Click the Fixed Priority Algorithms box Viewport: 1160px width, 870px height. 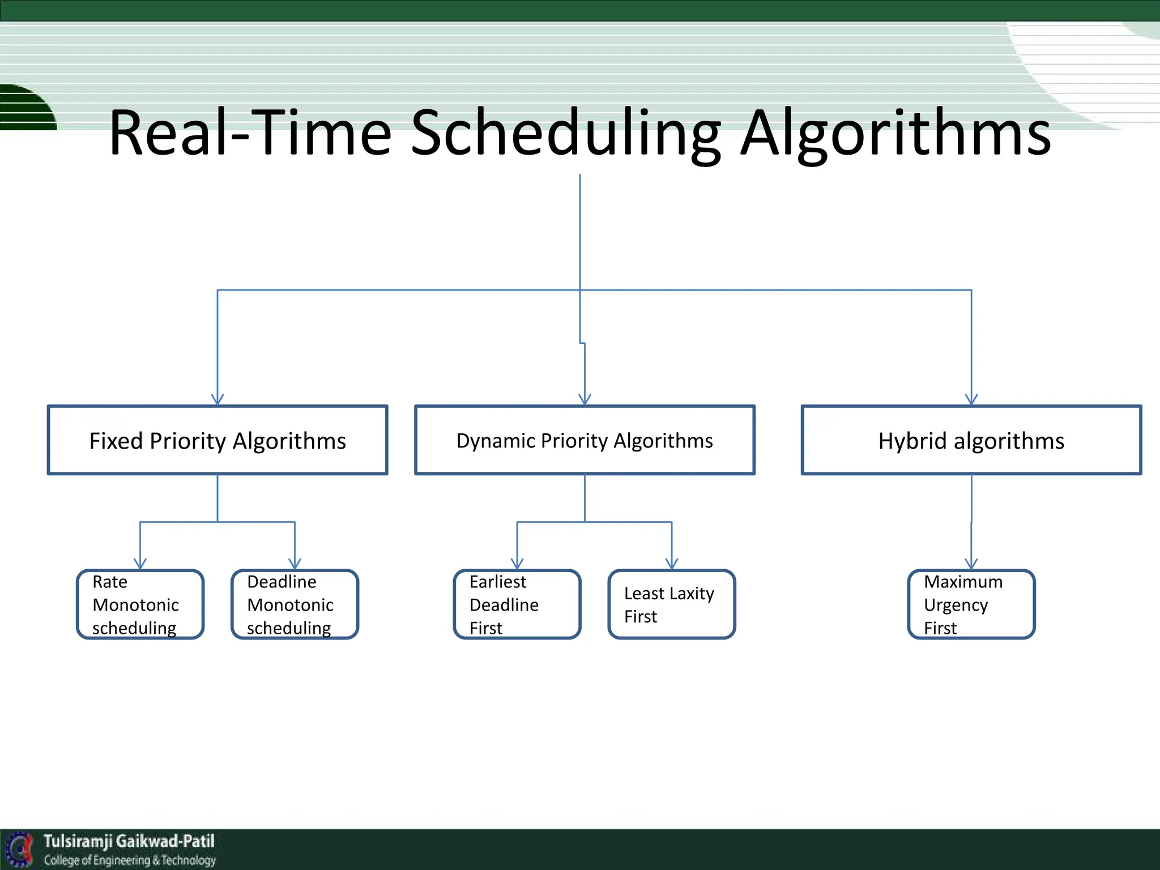(x=217, y=440)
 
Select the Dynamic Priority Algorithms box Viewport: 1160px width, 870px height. (x=585, y=440)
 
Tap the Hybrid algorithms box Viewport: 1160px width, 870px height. (x=971, y=440)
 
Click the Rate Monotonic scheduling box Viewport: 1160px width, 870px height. (x=140, y=604)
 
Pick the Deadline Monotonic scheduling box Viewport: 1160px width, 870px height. (x=295, y=604)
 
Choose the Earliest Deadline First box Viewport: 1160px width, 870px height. (x=517, y=604)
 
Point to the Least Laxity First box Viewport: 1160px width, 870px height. (x=672, y=604)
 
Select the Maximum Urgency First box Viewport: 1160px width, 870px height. (x=971, y=604)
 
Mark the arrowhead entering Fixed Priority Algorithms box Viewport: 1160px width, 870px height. (x=217, y=400)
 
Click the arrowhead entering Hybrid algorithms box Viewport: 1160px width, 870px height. (x=971, y=400)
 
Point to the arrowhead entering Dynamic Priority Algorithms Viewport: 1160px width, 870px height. (x=585, y=400)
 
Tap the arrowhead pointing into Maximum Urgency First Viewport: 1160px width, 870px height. (x=971, y=564)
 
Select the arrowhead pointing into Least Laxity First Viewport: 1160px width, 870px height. (x=672, y=564)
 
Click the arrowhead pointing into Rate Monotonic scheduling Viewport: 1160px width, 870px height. (x=140, y=564)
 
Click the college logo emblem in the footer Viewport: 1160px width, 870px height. (x=20, y=850)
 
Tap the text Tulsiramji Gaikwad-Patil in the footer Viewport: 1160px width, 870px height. (x=129, y=841)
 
